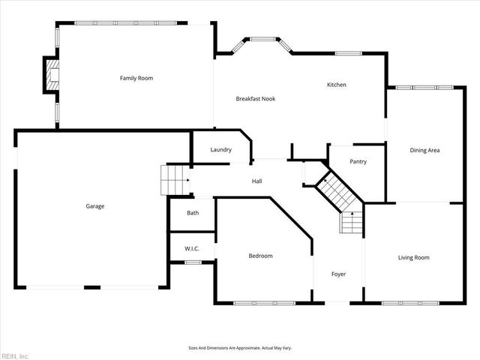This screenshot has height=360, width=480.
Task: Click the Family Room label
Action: point(136,78)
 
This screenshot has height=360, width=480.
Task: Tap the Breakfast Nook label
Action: point(255,99)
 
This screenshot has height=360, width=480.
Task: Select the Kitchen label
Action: point(336,85)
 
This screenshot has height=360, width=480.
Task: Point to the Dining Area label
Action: point(424,151)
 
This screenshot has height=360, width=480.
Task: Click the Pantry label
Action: point(358,161)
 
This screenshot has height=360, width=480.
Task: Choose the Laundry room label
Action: point(220,150)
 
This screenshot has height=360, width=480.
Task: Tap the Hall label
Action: point(256,181)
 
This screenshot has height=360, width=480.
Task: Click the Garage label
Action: point(94,206)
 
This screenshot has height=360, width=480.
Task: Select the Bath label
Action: point(193,213)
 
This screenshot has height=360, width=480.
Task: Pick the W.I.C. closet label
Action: point(193,248)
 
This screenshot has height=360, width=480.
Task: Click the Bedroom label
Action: point(260,256)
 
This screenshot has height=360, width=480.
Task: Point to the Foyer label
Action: point(338,274)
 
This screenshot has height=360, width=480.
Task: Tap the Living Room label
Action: point(413,258)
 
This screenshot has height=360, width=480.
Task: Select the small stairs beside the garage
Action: point(173,180)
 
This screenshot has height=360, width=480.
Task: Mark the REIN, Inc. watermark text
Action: point(15,355)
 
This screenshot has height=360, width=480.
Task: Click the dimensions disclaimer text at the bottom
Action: point(239,348)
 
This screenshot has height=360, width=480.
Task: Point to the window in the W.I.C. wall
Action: point(193,262)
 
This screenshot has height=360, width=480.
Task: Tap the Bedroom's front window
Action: point(264,303)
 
